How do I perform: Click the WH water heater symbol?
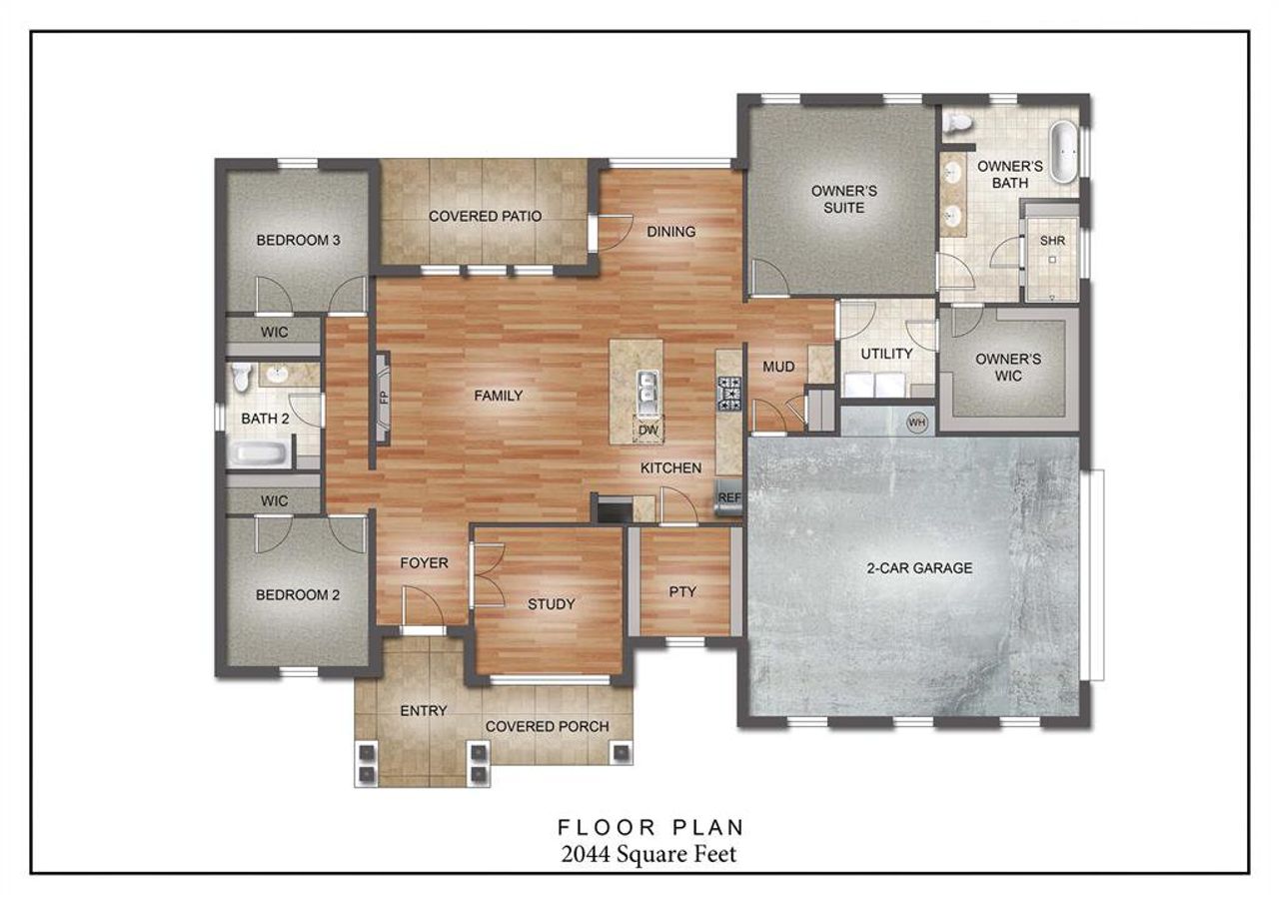pos(916,423)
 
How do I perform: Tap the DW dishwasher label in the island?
pos(647,431)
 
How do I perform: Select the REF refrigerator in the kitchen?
pos(728,496)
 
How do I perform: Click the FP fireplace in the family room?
pos(382,397)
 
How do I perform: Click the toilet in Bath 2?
pos(240,376)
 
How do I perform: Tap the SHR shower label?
pos(1051,242)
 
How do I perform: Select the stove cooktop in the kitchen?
pos(729,394)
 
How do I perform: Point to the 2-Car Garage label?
pos(918,568)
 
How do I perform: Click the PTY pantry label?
pos(682,591)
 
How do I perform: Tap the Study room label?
pos(551,604)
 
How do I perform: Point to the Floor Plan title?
pos(649,827)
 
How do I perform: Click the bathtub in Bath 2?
pos(260,454)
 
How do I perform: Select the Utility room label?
pos(886,354)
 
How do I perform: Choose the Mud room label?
pos(778,368)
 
